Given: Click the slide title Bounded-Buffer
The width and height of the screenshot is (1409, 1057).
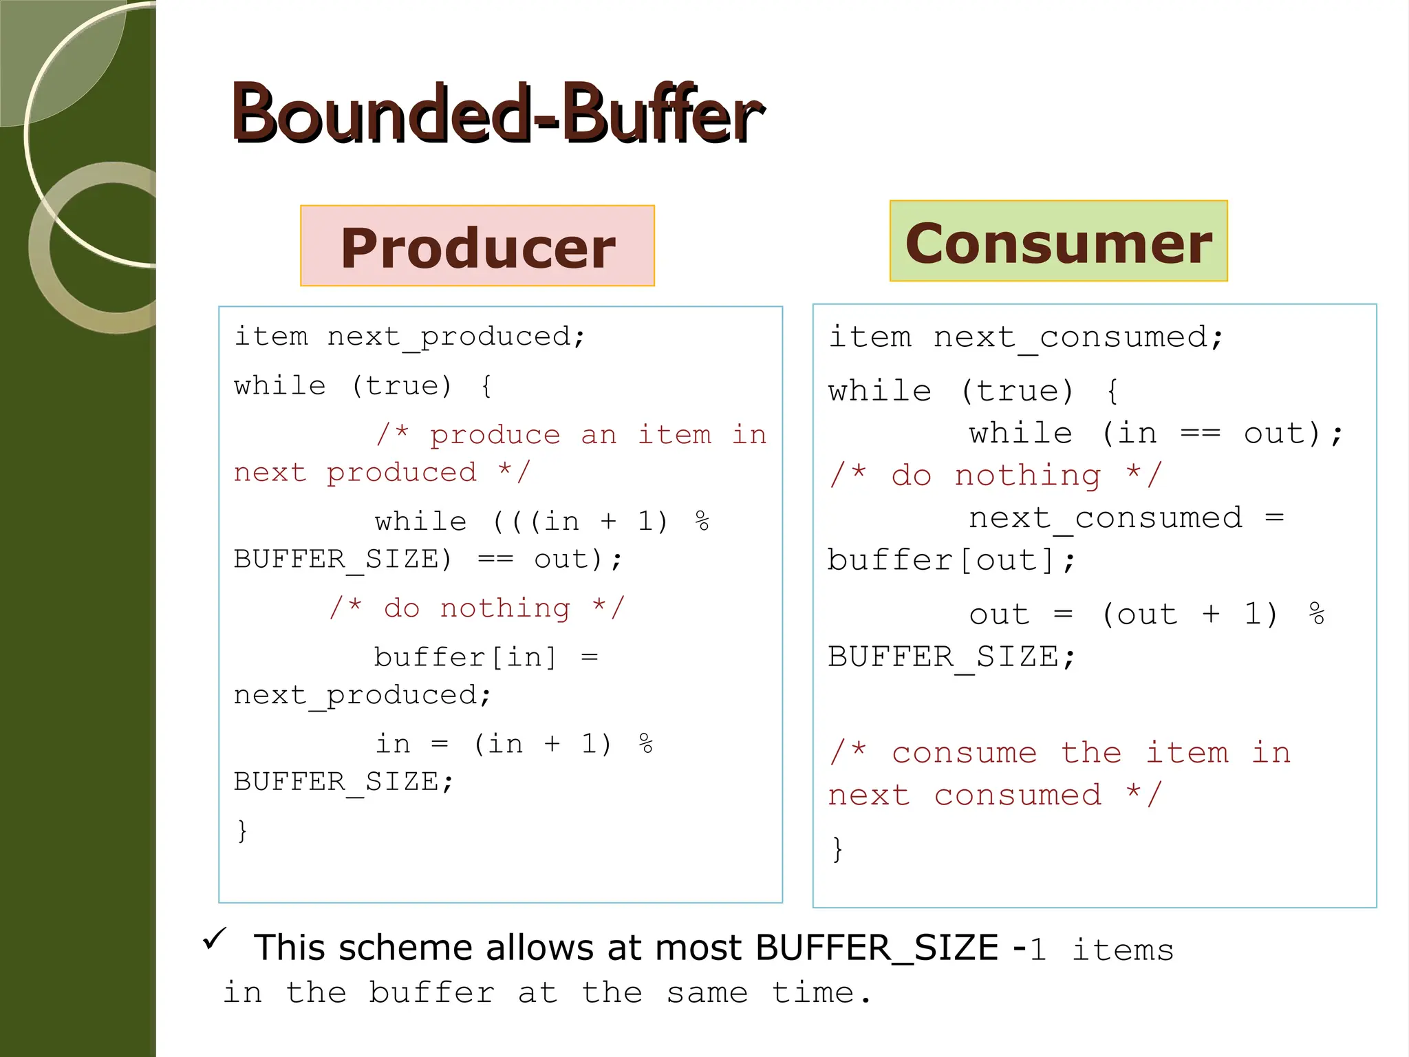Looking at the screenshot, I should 497,114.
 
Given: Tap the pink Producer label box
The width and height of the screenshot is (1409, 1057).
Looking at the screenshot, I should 477,246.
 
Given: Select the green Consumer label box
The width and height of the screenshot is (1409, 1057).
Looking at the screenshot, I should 1058,242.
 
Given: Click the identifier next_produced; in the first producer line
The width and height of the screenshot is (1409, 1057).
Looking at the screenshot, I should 455,337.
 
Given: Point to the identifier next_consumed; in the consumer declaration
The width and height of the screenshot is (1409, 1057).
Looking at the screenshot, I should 1077,338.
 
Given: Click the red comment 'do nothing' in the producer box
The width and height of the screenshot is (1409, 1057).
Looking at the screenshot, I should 477,608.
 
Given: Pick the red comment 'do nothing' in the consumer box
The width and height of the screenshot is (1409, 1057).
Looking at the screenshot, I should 995,476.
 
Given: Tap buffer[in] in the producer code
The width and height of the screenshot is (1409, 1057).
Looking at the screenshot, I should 465,657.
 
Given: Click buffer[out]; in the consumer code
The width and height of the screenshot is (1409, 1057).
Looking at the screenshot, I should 951,560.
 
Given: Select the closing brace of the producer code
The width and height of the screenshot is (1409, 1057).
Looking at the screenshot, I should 241,830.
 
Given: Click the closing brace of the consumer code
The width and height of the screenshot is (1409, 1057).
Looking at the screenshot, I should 837,848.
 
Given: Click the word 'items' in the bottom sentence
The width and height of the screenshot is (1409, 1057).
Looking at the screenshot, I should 1122,950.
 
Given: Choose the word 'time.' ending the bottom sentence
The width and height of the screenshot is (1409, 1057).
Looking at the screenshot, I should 821,993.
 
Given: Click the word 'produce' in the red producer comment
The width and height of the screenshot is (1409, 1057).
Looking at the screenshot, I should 495,435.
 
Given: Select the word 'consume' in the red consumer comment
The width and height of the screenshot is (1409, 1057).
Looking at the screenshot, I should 964,753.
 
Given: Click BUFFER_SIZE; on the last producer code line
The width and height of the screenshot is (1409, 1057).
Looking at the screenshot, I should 344,782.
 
